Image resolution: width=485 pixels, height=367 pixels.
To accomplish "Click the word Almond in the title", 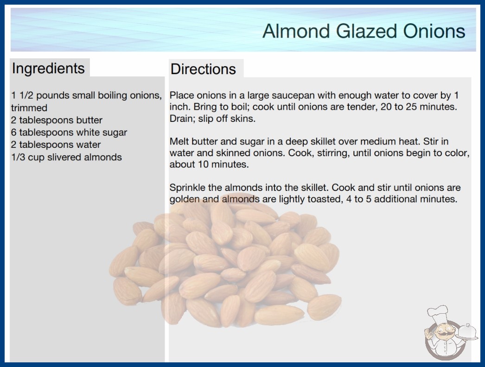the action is tap(296, 31).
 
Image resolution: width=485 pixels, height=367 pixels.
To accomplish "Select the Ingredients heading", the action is tap(48, 68).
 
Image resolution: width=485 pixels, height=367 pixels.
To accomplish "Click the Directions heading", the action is tap(203, 69).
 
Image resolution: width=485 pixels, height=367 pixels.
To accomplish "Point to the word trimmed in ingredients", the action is tap(29, 108).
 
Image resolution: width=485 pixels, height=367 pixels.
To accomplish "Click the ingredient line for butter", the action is tap(57, 120).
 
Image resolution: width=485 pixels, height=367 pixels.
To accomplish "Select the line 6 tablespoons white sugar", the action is tap(69, 133).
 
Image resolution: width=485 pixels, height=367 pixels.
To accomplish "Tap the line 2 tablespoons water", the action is tap(56, 145).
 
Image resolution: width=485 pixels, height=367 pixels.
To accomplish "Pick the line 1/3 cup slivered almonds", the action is tap(66, 157).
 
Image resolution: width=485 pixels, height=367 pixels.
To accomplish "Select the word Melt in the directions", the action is tap(179, 141).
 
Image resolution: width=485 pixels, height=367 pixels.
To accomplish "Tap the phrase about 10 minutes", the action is tap(209, 164).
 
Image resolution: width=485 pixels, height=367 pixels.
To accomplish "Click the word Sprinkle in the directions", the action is tap(187, 188).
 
